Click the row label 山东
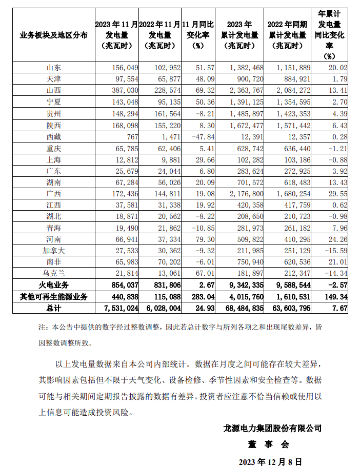[x=53, y=67]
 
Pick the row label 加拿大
[x=53, y=251]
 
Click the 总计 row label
[x=53, y=308]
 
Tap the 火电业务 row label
[x=53, y=285]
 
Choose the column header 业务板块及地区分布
[x=53, y=35]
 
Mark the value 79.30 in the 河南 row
[x=201, y=240]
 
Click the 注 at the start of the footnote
[x=42, y=327]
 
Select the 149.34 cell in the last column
[x=336, y=296]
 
